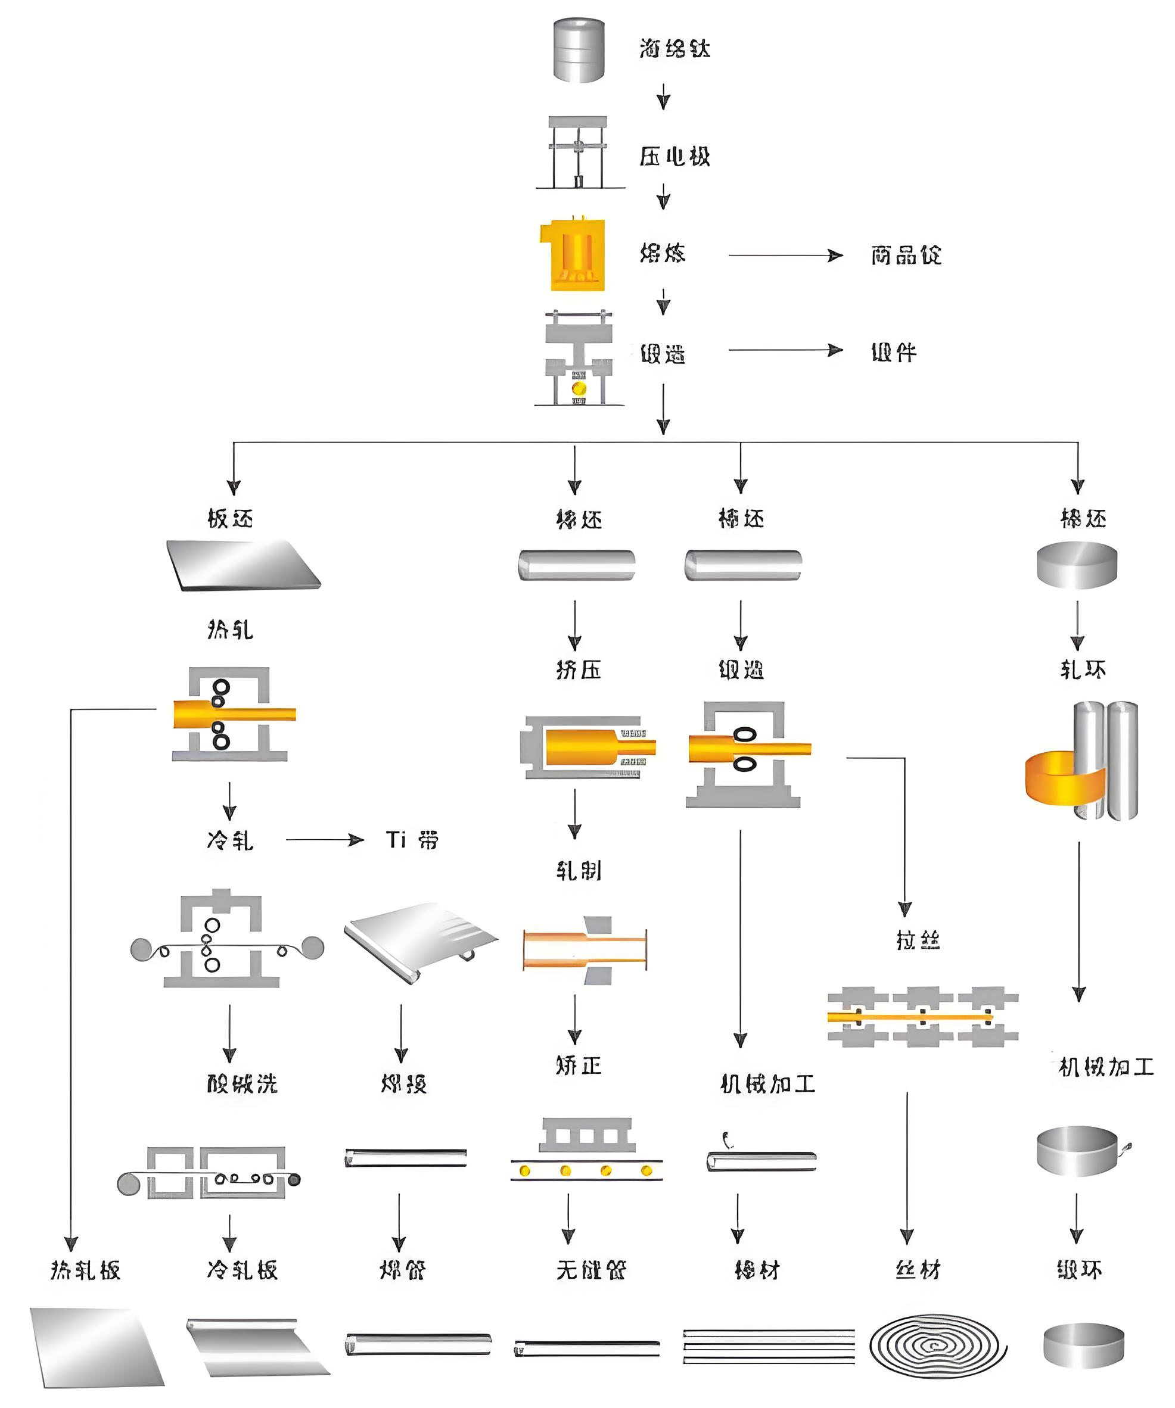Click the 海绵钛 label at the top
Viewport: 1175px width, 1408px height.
coord(674,48)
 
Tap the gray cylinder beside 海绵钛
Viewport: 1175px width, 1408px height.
coord(579,50)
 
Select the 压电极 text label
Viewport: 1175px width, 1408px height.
coord(674,157)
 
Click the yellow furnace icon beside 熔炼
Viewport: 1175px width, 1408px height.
coord(574,255)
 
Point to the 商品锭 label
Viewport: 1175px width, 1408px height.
coord(906,256)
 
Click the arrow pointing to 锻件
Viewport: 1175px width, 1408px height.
coord(785,350)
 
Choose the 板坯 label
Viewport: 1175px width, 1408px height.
coord(230,518)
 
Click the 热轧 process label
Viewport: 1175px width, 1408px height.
coord(230,630)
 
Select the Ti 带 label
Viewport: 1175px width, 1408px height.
coord(411,839)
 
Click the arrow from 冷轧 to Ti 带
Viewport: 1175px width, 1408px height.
coord(325,839)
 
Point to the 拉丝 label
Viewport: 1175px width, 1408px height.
coord(918,940)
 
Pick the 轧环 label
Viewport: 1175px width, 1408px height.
coord(1083,669)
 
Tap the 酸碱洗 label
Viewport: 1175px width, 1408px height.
coord(242,1083)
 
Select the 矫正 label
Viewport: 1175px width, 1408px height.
coord(578,1066)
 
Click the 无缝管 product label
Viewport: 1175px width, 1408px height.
coord(591,1269)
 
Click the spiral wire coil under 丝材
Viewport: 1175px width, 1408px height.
coord(938,1344)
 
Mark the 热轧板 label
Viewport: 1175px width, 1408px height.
coord(85,1270)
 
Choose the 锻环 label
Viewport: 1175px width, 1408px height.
coord(1079,1269)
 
